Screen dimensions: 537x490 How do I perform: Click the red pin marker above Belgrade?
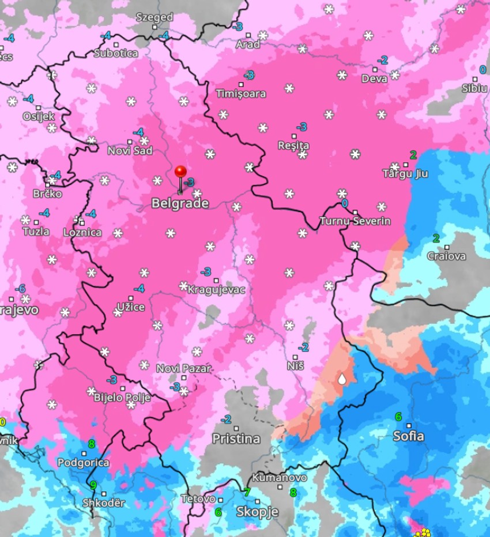(x=180, y=172)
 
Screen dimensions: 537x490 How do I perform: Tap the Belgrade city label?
(x=180, y=203)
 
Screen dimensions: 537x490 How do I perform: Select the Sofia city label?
(x=408, y=436)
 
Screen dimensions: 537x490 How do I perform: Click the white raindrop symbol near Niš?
(x=342, y=379)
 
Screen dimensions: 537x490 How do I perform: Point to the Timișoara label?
(x=241, y=93)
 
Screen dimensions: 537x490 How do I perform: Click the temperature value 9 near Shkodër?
(x=93, y=485)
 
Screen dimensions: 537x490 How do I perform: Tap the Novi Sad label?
(x=130, y=151)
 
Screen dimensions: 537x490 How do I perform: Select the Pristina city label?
(x=236, y=438)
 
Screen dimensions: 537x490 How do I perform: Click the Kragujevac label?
(x=216, y=290)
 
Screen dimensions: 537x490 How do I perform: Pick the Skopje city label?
(x=257, y=512)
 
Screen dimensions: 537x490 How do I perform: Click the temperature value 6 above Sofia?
(x=398, y=416)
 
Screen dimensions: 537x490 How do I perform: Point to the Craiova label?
(x=447, y=256)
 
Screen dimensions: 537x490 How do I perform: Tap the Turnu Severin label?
(x=355, y=221)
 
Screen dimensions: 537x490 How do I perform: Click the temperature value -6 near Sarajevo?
(x=20, y=288)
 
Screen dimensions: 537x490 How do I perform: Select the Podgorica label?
(x=83, y=463)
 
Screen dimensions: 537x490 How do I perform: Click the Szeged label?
(x=154, y=17)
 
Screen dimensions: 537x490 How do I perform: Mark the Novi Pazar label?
(x=184, y=368)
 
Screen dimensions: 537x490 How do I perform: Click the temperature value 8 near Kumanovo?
(x=293, y=493)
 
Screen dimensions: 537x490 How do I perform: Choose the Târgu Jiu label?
(x=405, y=173)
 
